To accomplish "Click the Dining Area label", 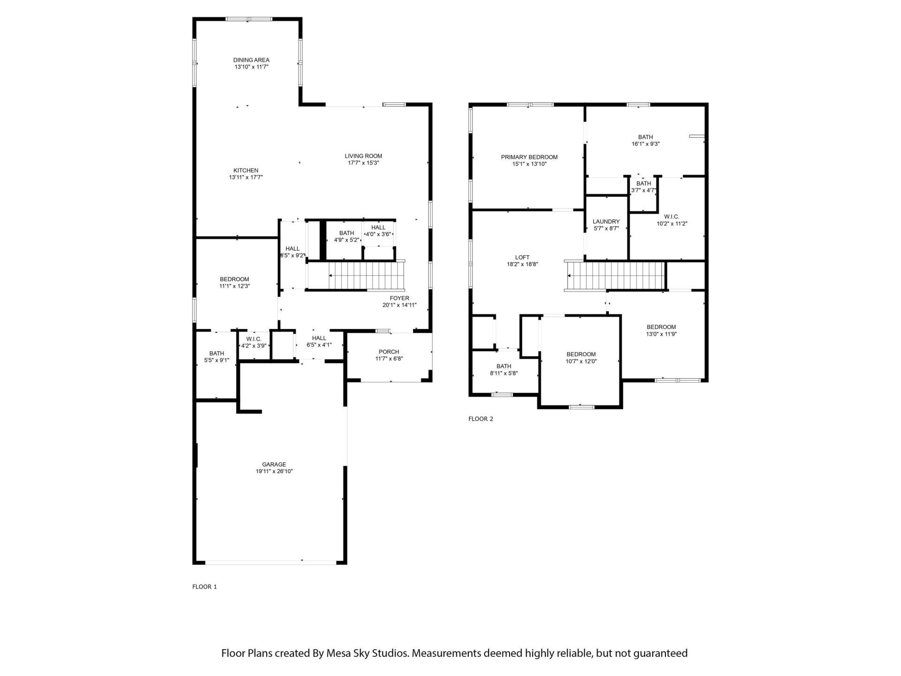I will point(252,60).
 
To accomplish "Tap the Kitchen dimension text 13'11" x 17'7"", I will point(246,177).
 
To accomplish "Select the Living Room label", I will point(363,156).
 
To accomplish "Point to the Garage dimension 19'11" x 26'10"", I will point(274,471).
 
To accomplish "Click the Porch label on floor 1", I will point(389,352).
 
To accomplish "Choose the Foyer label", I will point(399,298).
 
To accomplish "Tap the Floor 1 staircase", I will point(366,276).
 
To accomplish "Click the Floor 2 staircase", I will point(616,276).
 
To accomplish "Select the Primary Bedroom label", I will point(529,157).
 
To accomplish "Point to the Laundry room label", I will point(606,222).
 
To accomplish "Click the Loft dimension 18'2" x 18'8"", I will point(522,264).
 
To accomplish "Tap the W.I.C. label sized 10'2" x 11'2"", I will point(672,217).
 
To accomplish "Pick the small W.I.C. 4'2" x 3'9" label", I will point(253,339).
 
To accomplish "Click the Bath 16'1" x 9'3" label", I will point(645,137).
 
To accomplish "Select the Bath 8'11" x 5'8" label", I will point(504,366).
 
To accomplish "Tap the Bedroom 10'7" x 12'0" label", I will point(581,354).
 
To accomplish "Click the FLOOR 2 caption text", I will point(481,419).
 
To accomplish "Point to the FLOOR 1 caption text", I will point(205,586).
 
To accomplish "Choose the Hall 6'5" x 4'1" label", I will point(319,338).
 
